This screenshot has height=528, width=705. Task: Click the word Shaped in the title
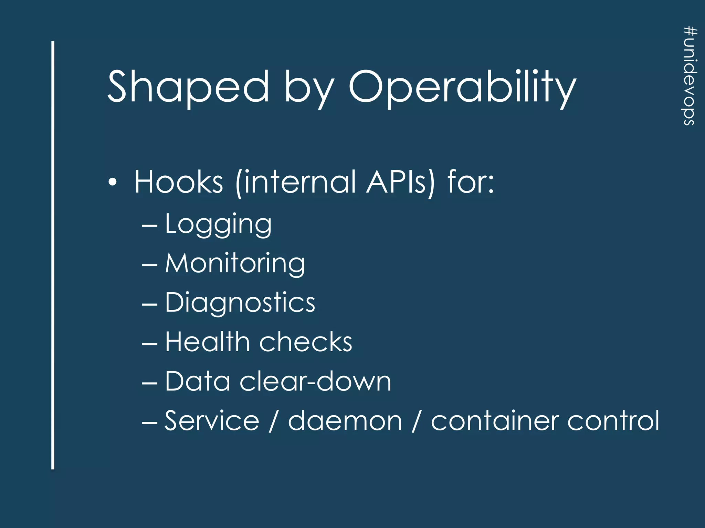[188, 87]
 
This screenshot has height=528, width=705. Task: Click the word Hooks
[179, 182]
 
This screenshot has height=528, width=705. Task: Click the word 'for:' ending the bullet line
[471, 182]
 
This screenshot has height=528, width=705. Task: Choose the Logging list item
[218, 224]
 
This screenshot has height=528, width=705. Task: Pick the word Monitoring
[235, 264]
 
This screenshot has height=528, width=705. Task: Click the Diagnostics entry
[240, 303]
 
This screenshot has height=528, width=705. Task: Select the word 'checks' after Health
[306, 342]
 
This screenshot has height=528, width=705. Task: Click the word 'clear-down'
[315, 382]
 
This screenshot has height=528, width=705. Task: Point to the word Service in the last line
[212, 420]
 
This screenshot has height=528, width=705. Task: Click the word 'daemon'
[345, 420]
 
